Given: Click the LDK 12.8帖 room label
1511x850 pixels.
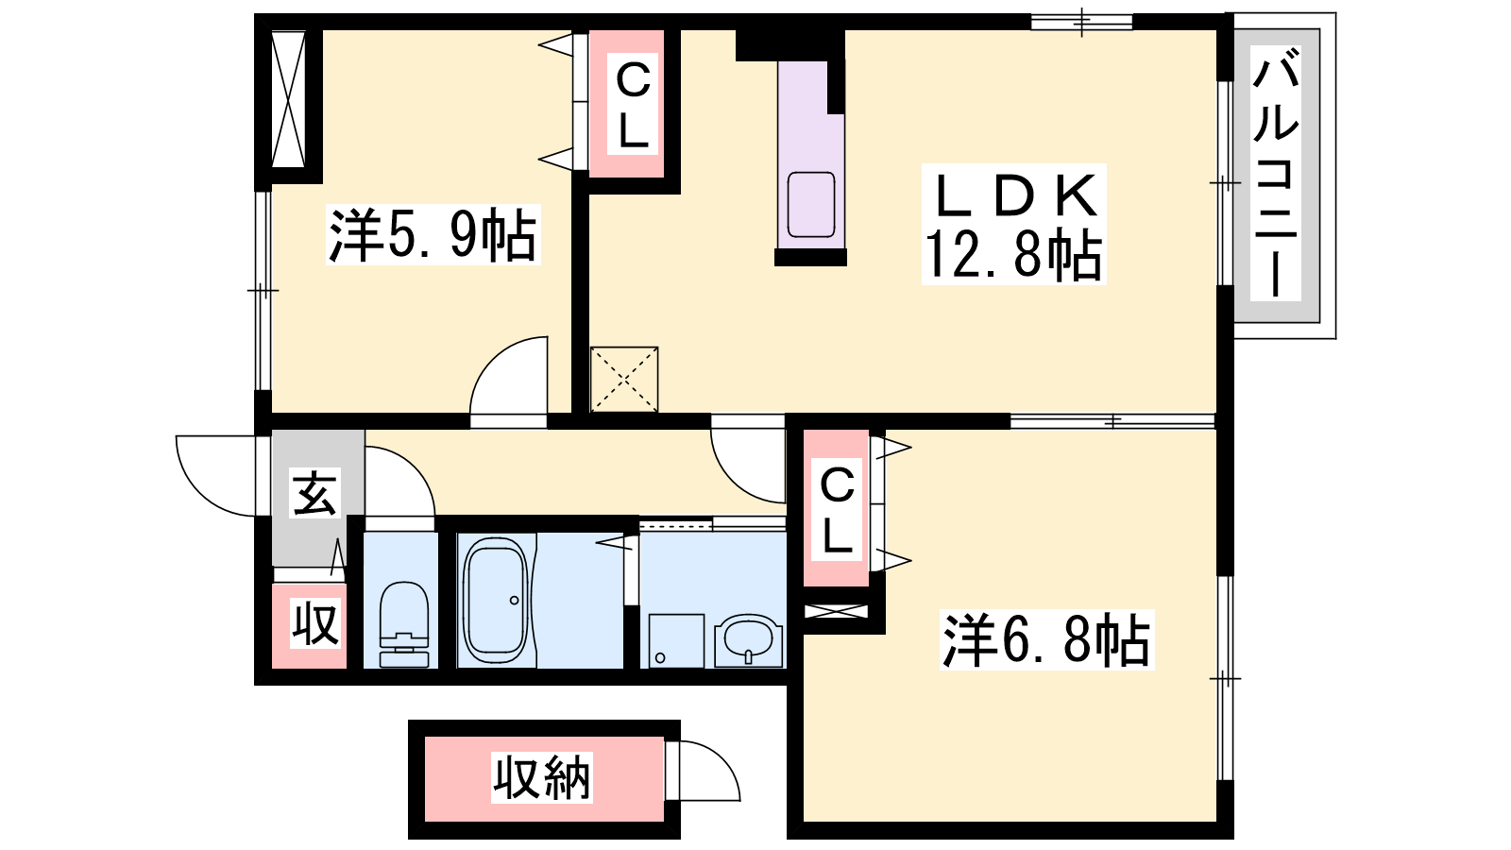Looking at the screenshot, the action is [x=1014, y=224].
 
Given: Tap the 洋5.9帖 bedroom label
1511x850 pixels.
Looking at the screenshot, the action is [x=433, y=235].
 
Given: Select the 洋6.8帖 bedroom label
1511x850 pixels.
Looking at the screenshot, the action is [x=1047, y=639].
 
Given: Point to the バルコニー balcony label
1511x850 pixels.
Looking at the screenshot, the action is [x=1275, y=174].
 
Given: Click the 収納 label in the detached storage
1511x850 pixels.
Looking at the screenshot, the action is [x=542, y=778].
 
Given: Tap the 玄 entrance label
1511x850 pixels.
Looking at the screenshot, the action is [x=314, y=492].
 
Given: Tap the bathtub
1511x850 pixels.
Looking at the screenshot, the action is [x=496, y=600].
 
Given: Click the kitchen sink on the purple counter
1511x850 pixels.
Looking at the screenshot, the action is [x=811, y=204].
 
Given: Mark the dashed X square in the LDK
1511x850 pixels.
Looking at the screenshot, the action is [x=624, y=379].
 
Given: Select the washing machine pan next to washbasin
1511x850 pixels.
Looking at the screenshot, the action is [x=676, y=641].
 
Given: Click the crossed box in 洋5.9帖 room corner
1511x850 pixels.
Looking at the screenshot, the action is [x=288, y=99].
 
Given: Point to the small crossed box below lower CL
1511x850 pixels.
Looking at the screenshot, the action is [x=837, y=611].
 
